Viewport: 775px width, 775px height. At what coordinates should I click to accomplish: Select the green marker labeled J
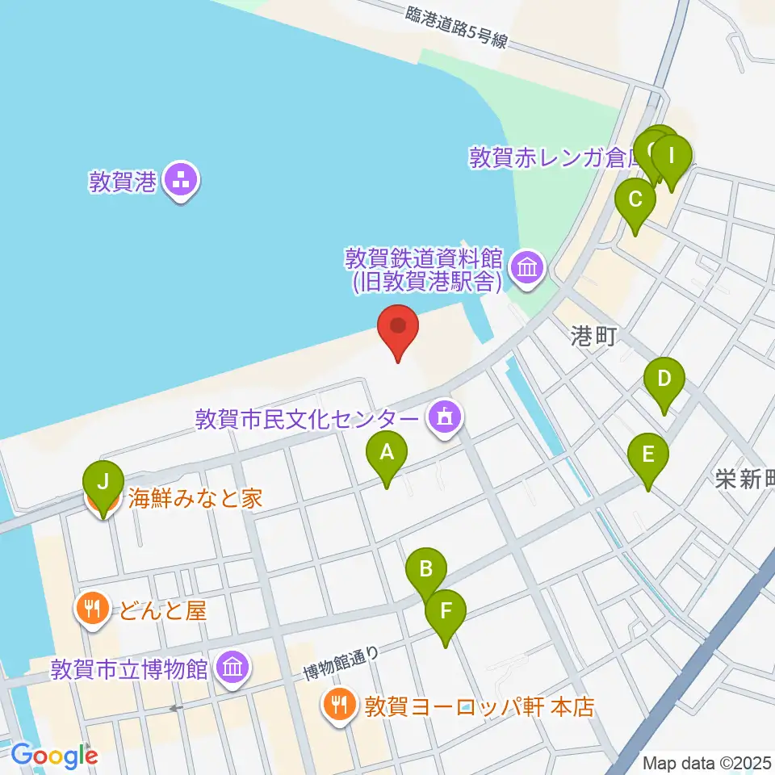(103, 485)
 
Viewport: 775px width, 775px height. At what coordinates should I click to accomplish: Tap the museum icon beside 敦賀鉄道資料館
(527, 268)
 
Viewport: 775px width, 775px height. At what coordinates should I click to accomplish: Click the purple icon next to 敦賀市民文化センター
(443, 418)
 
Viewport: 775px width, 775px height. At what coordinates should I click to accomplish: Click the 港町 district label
(593, 337)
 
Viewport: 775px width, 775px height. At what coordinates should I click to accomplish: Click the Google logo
(54, 756)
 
